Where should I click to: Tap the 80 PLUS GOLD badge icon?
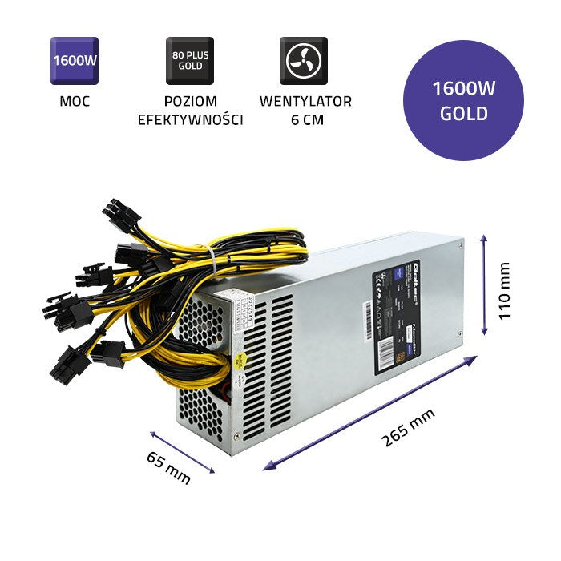(189, 60)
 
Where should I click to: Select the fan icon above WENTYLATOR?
(304, 60)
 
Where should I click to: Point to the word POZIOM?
(190, 102)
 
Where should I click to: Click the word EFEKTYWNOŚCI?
(190, 120)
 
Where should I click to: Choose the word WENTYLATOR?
(305, 102)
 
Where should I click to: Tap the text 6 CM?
(305, 120)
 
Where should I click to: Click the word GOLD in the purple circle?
(463, 114)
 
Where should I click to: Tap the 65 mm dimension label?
(168, 467)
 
